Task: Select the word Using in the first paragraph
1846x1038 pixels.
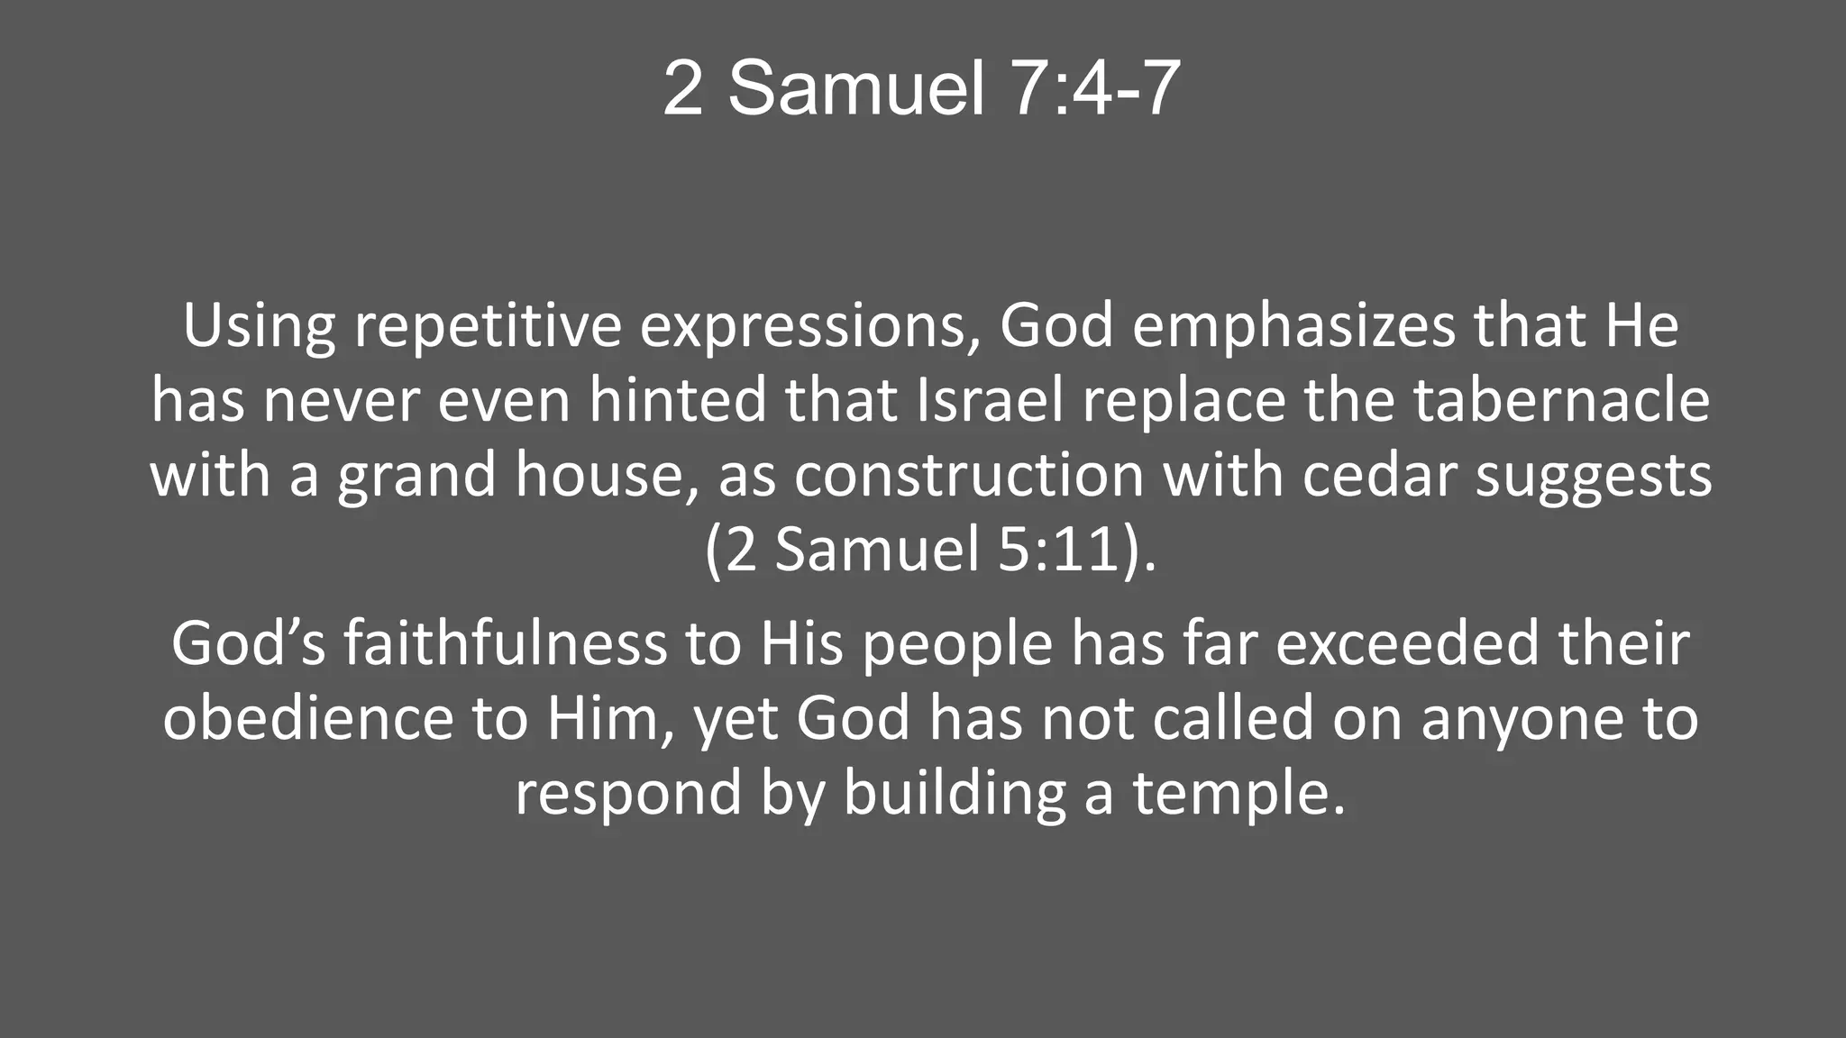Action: [x=259, y=326]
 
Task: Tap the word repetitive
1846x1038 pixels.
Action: [x=488, y=326]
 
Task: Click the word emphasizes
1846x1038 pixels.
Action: [x=1293, y=326]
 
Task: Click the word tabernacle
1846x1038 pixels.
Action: [x=1561, y=401]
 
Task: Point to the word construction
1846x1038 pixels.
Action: [x=969, y=476]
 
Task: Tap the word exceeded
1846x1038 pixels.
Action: [x=1407, y=643]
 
